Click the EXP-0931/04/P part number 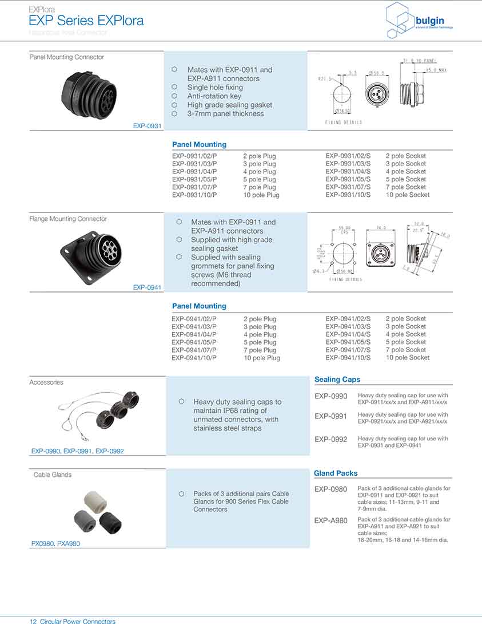[x=194, y=172]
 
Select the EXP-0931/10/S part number [x=348, y=195]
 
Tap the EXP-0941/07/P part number [x=194, y=350]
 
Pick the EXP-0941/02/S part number [x=348, y=319]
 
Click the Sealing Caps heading [x=337, y=380]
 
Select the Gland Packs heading [x=336, y=473]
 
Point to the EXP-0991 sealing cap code [x=330, y=417]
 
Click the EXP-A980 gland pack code [x=330, y=521]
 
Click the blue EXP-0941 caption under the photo [x=148, y=287]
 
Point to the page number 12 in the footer [x=33, y=621]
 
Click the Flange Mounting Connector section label [x=68, y=219]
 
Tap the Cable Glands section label [x=53, y=475]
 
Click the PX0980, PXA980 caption [x=55, y=544]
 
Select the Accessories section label [x=46, y=382]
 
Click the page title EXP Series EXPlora [x=86, y=22]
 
